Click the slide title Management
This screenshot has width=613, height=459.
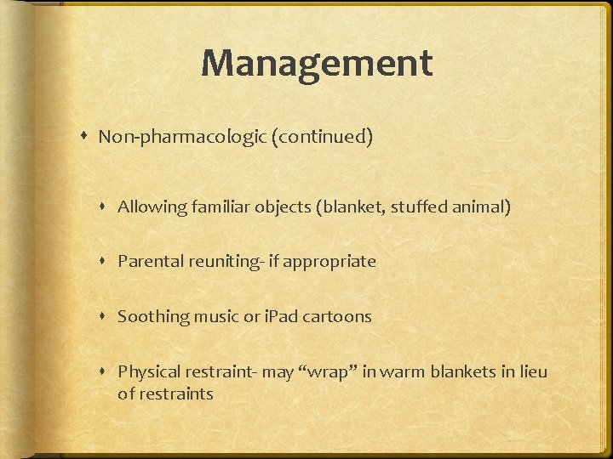pos(317,63)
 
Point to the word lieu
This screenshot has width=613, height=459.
pos(530,372)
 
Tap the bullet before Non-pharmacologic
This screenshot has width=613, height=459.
pos(88,137)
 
